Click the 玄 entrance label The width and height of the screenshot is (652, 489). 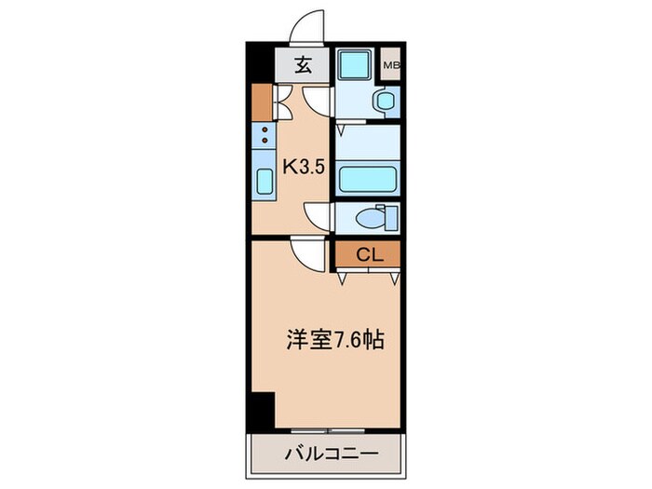pyautogui.click(x=303, y=65)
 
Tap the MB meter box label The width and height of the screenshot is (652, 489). pyautogui.click(x=392, y=65)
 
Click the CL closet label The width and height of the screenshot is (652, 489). pyautogui.click(x=367, y=253)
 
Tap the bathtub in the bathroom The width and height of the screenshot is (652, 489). pyautogui.click(x=367, y=177)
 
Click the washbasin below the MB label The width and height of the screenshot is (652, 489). pyautogui.click(x=383, y=100)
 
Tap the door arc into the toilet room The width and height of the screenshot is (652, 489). pyautogui.click(x=317, y=216)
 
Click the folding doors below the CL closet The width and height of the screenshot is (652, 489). pyautogui.click(x=369, y=275)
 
